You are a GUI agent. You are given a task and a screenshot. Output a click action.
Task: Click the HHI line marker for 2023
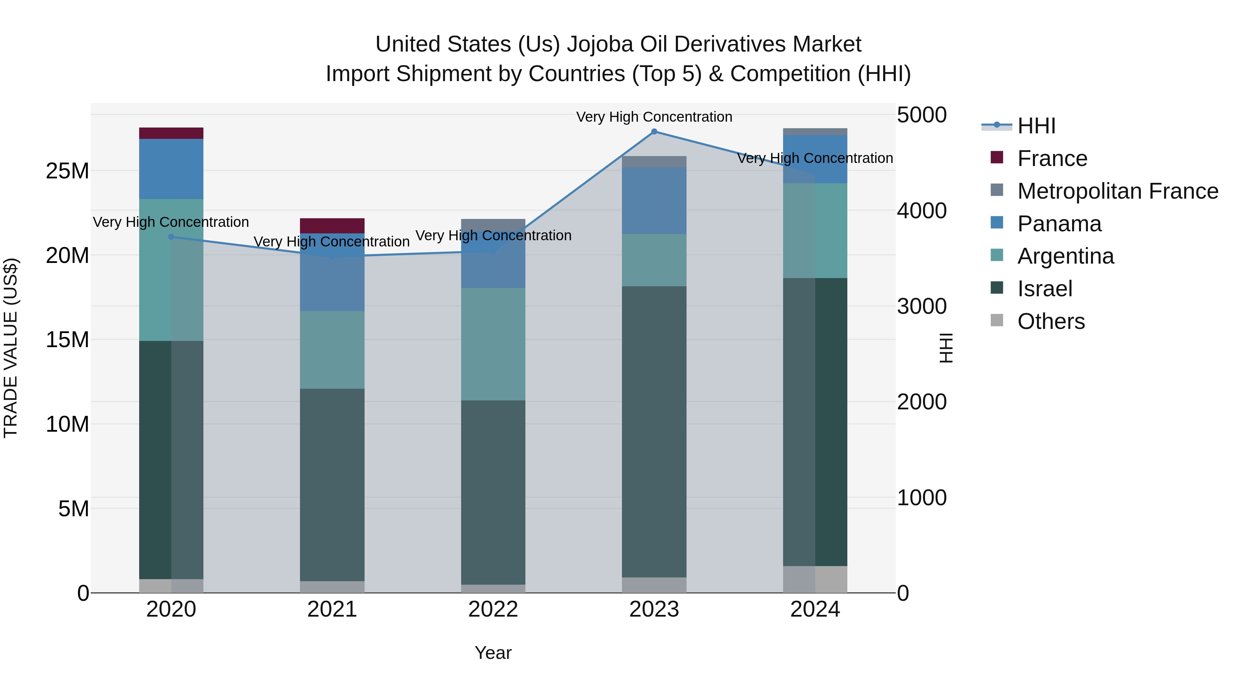[654, 132]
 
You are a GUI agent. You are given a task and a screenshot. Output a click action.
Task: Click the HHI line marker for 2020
[171, 237]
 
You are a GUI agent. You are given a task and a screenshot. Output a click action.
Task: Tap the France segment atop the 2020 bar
[171, 133]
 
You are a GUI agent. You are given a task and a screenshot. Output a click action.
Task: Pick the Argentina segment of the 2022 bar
[493, 344]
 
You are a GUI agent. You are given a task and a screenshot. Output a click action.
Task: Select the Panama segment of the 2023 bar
[654, 201]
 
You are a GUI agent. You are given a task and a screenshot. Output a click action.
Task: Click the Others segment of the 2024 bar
[815, 579]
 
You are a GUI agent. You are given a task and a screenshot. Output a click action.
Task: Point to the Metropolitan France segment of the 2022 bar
[493, 225]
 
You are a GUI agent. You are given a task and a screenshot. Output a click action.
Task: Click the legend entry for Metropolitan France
[1117, 191]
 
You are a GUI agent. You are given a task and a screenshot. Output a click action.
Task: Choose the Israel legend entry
[1045, 289]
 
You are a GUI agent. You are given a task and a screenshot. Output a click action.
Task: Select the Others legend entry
[1051, 321]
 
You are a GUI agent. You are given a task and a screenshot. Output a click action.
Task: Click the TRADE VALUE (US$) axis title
[11, 348]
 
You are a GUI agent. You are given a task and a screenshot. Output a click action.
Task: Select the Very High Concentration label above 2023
[654, 117]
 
